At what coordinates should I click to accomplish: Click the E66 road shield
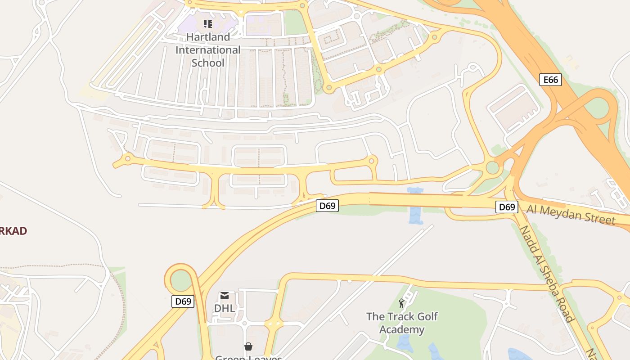point(550,80)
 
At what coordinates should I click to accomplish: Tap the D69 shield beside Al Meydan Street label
point(507,207)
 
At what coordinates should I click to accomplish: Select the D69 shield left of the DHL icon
point(183,301)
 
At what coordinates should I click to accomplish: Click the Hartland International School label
point(208,49)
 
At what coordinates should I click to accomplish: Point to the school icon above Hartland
point(207,23)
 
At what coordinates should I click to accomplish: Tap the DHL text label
point(225,309)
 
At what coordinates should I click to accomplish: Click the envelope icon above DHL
point(225,296)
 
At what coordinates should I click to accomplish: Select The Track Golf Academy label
point(402,323)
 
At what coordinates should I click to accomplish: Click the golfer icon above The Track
point(401,303)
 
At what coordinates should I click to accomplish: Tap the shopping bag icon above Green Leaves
point(248,346)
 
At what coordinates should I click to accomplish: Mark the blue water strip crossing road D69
point(415,206)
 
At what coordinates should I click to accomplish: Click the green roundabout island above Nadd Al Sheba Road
point(493,168)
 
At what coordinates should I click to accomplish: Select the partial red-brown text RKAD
point(13,231)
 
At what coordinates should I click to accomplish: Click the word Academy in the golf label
point(402,329)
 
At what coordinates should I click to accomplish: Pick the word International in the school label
point(208,49)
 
